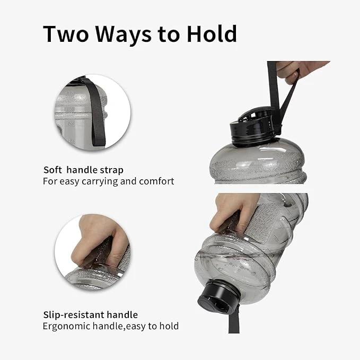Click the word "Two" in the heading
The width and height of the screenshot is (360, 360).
click(x=66, y=34)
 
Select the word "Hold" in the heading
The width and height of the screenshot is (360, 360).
click(x=212, y=33)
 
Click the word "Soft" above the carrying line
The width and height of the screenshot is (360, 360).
click(x=52, y=170)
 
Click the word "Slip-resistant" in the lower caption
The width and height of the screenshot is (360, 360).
click(x=73, y=315)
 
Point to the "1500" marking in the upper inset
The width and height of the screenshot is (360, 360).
click(x=71, y=124)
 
